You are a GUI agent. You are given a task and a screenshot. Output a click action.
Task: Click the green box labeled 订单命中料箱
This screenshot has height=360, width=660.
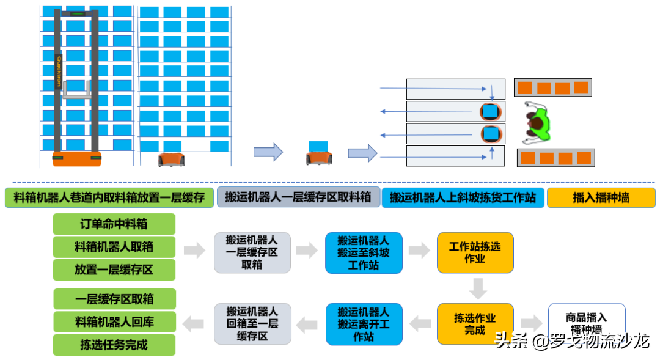[x=114, y=224]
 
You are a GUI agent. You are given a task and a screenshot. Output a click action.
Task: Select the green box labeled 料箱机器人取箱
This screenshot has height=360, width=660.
[x=114, y=247]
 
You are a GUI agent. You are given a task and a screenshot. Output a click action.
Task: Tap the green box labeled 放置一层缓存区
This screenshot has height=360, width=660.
[x=114, y=270]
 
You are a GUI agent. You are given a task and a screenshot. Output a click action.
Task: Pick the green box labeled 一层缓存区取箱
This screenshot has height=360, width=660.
[x=114, y=299]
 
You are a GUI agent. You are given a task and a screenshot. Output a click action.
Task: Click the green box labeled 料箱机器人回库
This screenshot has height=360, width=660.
[x=114, y=321]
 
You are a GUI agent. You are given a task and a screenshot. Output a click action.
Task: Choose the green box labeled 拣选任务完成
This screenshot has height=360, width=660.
[x=114, y=345]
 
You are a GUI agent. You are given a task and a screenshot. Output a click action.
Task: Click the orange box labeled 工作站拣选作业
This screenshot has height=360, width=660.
[x=475, y=252]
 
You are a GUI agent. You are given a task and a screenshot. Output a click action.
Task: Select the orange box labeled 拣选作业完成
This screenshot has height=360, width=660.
[x=475, y=324]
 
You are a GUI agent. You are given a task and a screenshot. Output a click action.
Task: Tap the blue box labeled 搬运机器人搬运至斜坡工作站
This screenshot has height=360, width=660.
[x=364, y=252]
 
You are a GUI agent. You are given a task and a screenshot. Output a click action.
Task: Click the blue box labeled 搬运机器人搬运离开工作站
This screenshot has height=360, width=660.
[x=364, y=324]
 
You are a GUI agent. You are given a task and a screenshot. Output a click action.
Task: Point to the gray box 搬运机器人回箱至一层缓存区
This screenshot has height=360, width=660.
[x=252, y=324]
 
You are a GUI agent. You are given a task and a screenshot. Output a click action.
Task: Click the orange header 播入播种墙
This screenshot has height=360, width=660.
[x=601, y=197]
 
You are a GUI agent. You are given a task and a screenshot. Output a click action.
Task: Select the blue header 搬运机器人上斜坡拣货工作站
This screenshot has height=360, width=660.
[x=463, y=197]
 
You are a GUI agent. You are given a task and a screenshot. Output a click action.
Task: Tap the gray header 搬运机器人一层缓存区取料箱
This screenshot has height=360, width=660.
[x=298, y=197]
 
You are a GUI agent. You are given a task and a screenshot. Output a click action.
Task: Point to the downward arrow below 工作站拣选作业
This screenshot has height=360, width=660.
[x=478, y=288]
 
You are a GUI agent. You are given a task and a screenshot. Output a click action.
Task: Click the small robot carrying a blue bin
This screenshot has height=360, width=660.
[x=318, y=153]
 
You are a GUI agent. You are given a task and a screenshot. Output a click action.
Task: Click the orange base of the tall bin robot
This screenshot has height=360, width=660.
[x=76, y=158]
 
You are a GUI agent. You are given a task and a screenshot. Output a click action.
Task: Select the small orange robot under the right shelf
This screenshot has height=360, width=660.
[x=170, y=159]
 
